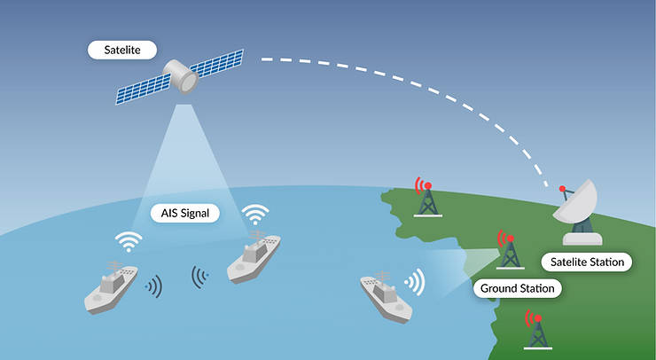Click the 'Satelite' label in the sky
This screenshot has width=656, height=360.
click(122, 50)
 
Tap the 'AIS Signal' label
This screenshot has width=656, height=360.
click(185, 213)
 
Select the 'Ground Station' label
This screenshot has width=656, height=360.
click(517, 288)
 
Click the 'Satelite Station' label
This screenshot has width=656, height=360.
click(587, 262)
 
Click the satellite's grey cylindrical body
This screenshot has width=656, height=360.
click(181, 76)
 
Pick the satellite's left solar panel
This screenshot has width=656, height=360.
click(143, 89)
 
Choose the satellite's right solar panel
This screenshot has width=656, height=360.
click(216, 63)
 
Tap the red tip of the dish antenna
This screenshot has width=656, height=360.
click(562, 188)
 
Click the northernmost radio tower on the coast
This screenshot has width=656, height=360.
click(427, 200)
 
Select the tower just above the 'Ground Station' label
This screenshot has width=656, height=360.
click(511, 252)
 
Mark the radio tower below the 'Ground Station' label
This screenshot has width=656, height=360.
click(538, 332)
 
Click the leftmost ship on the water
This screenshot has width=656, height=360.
click(111, 287)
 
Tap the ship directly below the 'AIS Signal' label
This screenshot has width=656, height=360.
click(254, 256)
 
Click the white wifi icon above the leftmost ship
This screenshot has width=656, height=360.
click(129, 241)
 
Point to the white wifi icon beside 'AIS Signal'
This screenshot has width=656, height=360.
click(255, 215)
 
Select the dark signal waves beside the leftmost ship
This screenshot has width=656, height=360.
click(155, 286)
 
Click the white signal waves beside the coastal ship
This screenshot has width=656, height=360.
click(416, 283)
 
